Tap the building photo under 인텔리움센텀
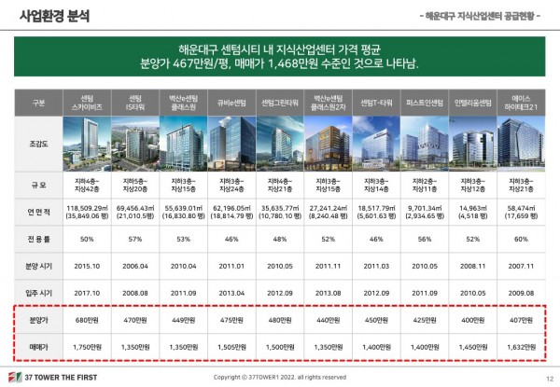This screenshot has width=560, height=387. (469, 143)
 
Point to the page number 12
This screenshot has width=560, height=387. (547, 376)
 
